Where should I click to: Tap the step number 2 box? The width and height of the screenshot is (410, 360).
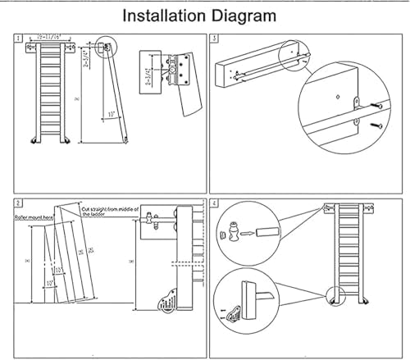[18, 203]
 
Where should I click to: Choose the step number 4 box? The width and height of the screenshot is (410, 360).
[215, 203]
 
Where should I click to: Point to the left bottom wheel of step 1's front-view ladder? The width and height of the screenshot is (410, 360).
[34, 143]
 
